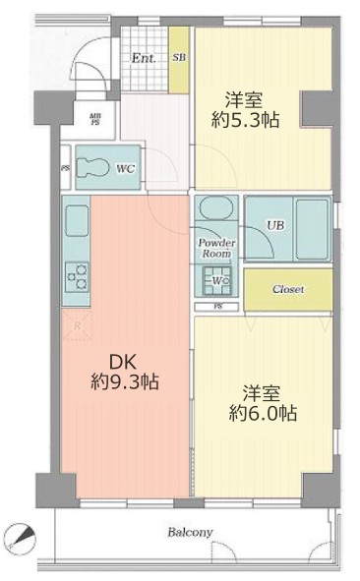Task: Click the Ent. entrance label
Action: [144, 58]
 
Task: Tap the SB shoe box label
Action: [179, 58]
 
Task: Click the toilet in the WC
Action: [94, 167]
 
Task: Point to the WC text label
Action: [126, 169]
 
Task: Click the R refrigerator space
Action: [76, 325]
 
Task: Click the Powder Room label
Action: [215, 247]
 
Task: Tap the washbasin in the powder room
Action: [215, 209]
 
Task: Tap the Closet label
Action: [288, 290]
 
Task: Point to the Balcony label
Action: [190, 532]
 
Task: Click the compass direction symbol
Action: [19, 534]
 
